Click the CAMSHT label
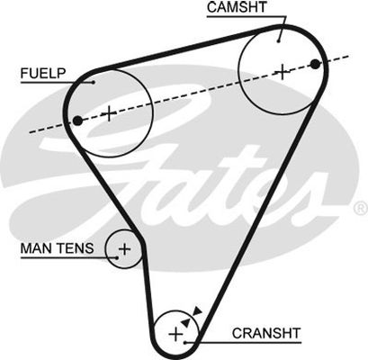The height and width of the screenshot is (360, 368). (237, 7)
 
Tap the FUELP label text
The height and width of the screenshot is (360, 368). (43, 73)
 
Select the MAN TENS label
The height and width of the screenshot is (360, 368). (57, 248)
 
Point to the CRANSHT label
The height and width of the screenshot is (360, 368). (266, 333)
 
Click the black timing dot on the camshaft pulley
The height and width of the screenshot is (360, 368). (315, 64)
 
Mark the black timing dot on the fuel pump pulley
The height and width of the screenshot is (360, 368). (77, 121)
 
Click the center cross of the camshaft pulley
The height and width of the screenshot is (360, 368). (283, 72)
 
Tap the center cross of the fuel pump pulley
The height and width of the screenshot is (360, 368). (110, 113)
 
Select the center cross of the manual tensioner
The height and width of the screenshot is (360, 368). (124, 248)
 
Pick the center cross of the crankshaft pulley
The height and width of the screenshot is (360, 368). (175, 334)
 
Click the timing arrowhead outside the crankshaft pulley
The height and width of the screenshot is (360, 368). (198, 310)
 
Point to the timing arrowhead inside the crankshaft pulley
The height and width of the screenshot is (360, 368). (185, 322)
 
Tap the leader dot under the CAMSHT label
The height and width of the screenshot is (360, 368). (278, 40)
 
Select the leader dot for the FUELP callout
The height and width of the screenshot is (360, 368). (94, 82)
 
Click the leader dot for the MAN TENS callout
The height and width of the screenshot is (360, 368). (117, 257)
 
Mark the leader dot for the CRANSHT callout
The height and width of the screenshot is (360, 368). (185, 342)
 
